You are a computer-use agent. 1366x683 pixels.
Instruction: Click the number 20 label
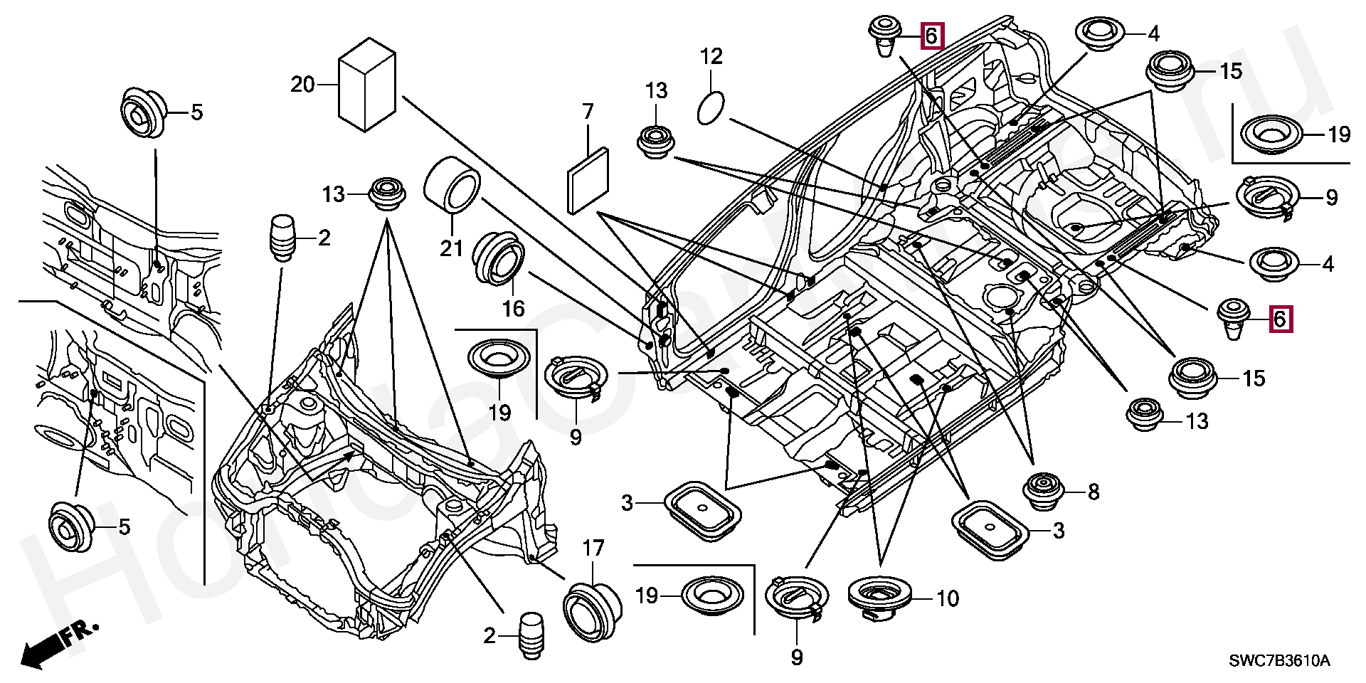click(302, 85)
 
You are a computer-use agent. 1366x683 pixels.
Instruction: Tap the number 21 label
click(452, 248)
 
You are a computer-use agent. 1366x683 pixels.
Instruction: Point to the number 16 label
click(513, 308)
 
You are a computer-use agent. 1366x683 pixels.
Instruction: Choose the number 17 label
click(593, 549)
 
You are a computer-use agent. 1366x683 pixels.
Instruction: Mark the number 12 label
click(711, 56)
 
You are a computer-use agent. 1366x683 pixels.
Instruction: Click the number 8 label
click(1093, 492)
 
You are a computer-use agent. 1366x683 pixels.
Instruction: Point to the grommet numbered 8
click(1043, 490)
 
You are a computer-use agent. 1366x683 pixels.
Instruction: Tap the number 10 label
click(948, 598)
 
